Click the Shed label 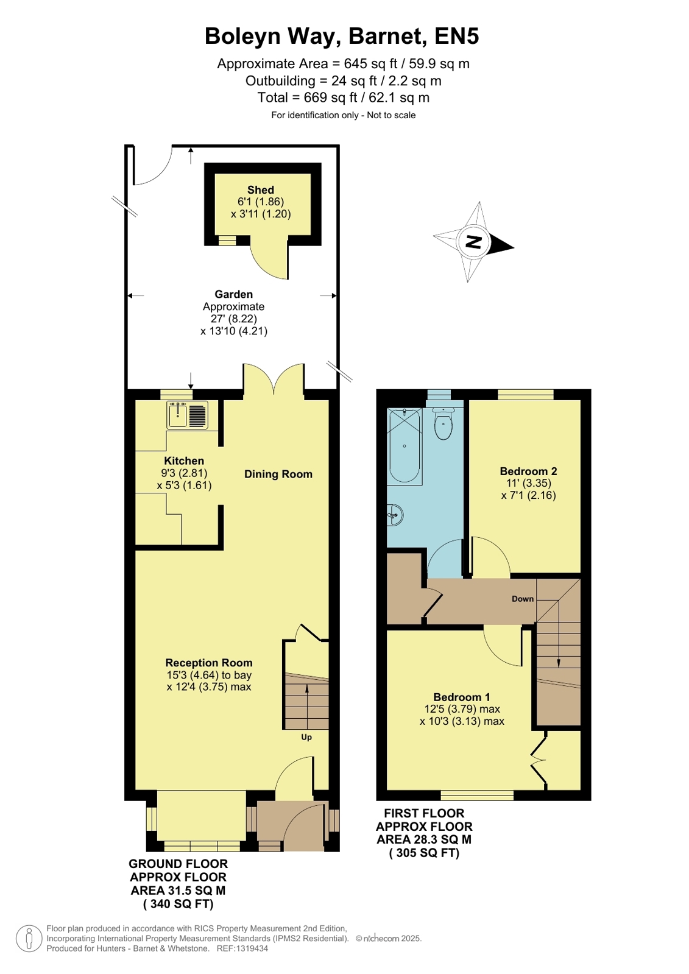[x=261, y=189]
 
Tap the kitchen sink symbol [x=188, y=415]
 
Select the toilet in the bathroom [x=443, y=423]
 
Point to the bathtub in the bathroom [x=405, y=446]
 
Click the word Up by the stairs [x=306, y=737]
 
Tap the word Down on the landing [x=523, y=599]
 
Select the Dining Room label [x=278, y=474]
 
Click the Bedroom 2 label [x=528, y=471]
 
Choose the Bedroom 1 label [x=462, y=697]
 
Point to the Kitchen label [x=184, y=461]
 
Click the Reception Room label [x=209, y=663]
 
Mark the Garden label [x=233, y=294]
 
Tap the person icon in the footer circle [x=29, y=938]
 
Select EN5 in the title [x=457, y=36]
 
